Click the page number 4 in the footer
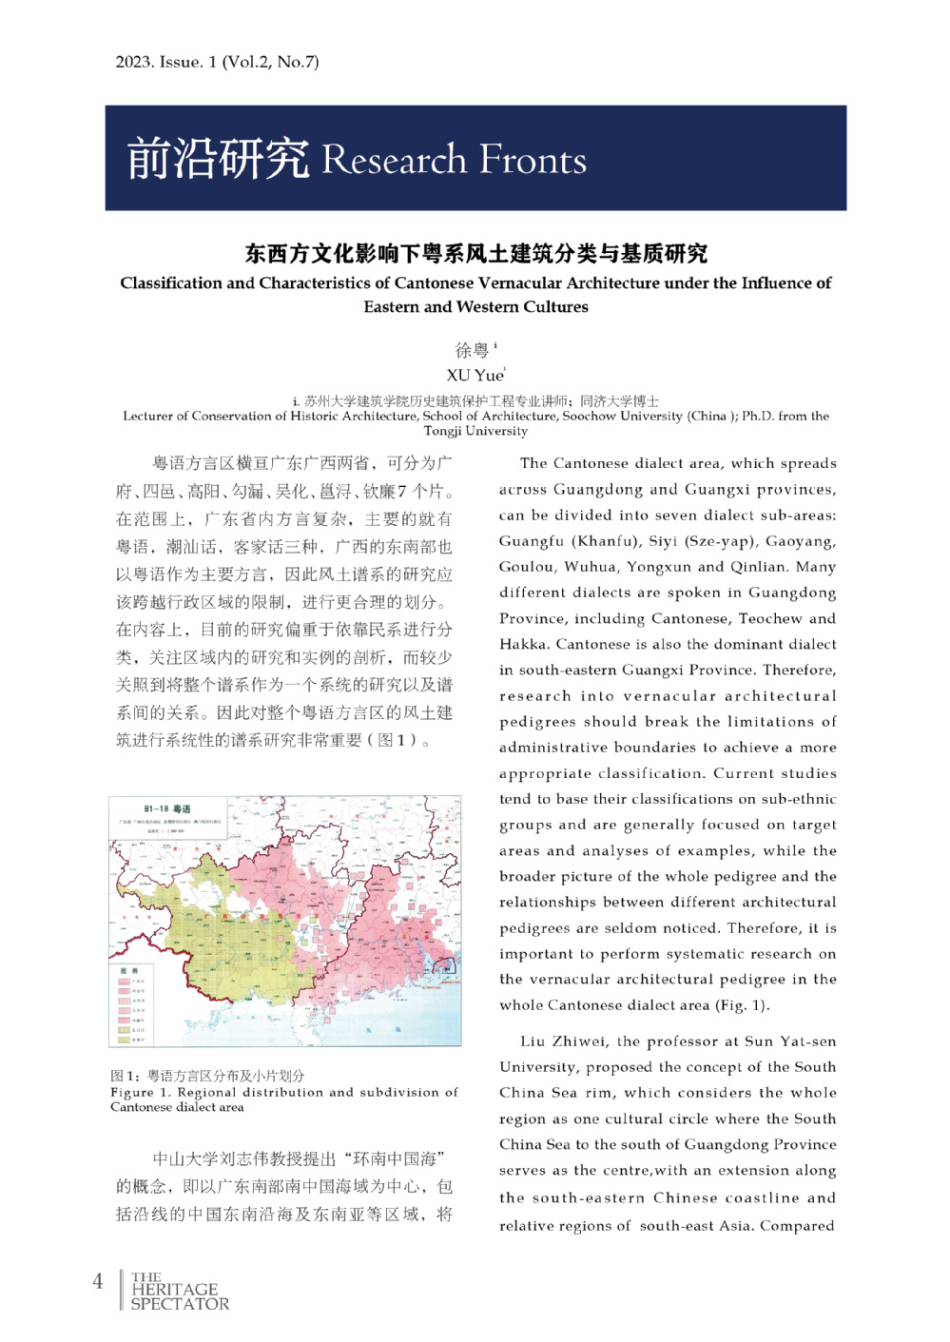coord(97,1281)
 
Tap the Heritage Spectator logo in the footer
coord(179,1291)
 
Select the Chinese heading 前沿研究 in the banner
coord(218,158)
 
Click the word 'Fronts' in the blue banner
coord(533,160)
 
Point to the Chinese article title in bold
coord(475,253)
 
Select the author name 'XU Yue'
coord(475,375)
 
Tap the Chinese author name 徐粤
coord(472,350)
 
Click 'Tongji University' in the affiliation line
coord(475,431)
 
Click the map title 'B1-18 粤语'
coord(167,808)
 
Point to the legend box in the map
coord(132,1004)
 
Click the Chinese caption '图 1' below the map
coord(125,1076)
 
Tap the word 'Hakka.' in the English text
coord(526,644)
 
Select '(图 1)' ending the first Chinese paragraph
coord(398,740)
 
